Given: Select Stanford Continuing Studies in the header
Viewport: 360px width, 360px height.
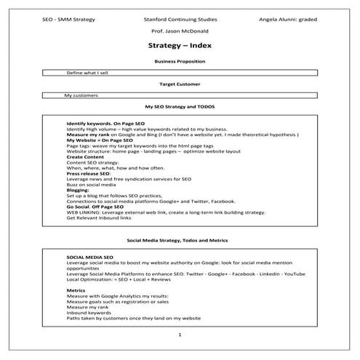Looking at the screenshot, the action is pyautogui.click(x=179, y=17).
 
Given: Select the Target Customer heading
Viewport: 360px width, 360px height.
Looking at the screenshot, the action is pyautogui.click(x=179, y=84).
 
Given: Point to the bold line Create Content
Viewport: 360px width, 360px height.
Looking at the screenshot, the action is pyautogui.click(x=85, y=156).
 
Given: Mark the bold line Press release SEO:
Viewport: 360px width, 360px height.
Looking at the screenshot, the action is pyautogui.click(x=89, y=174).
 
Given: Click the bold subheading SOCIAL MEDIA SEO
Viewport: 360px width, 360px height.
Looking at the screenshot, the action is pyautogui.click(x=89, y=257).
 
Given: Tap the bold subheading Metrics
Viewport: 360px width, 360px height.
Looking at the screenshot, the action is pyautogui.click(x=77, y=290).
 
